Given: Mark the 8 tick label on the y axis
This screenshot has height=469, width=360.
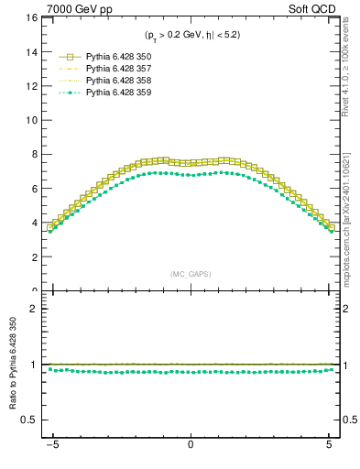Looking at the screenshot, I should click(32, 155).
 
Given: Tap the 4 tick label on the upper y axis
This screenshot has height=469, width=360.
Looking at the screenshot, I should click(32, 224).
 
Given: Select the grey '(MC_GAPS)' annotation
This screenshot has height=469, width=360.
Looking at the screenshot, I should click(191, 274).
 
